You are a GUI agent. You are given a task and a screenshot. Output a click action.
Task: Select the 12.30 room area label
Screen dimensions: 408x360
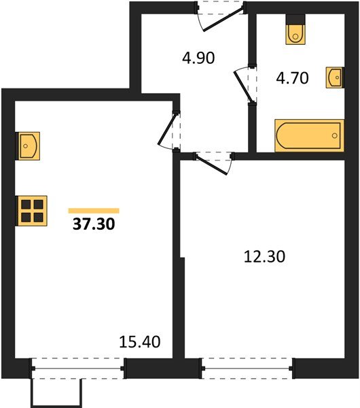[x=264, y=256]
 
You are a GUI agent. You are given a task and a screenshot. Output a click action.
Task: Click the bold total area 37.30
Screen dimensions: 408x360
[x=94, y=226]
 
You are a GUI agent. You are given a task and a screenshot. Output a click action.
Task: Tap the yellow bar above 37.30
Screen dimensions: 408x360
[x=94, y=211]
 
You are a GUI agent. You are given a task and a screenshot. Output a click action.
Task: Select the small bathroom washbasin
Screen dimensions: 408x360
[x=334, y=77]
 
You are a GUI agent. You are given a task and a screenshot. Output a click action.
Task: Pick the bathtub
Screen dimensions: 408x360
[x=308, y=135]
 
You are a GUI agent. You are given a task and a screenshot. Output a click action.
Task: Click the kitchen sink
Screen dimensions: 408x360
[x=28, y=145]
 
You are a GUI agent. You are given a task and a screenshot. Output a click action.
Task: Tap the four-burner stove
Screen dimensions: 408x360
[x=32, y=210]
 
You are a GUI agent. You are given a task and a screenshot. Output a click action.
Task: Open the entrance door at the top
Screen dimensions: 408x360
[x=219, y=15]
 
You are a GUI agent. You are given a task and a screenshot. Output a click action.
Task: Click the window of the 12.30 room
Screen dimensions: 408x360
[x=247, y=368]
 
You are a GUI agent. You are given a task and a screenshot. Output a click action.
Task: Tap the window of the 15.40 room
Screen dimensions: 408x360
[x=77, y=368]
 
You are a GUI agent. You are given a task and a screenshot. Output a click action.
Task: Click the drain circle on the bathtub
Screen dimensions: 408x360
[x=335, y=135]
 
